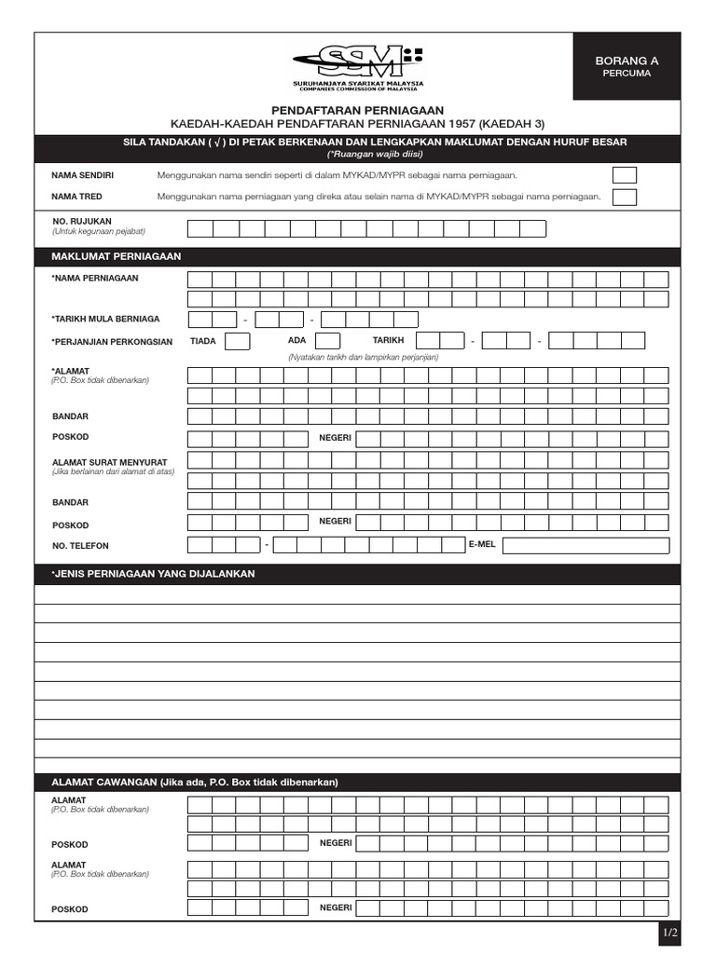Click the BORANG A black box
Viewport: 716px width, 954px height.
tap(626, 66)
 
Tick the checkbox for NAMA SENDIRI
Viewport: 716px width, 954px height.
tap(624, 175)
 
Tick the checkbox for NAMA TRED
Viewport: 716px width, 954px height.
tap(624, 197)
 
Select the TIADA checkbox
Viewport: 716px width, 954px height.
tap(238, 341)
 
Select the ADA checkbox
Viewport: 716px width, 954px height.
tap(328, 341)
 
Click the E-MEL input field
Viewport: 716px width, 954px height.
tap(585, 545)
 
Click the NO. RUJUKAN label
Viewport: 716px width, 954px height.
tap(83, 222)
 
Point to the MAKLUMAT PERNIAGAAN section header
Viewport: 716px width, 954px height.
tap(116, 256)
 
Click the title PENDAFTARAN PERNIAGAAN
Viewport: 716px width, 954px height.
tap(357, 110)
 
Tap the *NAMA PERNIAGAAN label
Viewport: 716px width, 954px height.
tap(95, 279)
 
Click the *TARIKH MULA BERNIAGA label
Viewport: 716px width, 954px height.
tap(105, 319)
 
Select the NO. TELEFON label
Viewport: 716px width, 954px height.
tap(87, 546)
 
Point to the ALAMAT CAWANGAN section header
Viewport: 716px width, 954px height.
tap(194, 782)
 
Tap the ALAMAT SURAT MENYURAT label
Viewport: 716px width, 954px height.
tap(103, 461)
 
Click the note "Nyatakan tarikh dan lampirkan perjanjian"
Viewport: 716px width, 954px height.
tap(363, 357)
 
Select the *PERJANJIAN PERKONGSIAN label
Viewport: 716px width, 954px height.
tap(112, 342)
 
